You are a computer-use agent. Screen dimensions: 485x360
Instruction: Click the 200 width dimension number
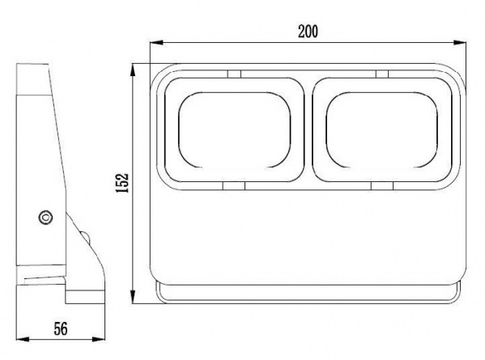(x=308, y=32)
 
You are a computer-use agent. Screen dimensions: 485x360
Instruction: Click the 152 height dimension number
(x=122, y=183)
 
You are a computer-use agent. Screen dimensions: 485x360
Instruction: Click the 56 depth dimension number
(x=61, y=328)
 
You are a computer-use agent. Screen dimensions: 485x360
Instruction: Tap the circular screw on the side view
(x=45, y=218)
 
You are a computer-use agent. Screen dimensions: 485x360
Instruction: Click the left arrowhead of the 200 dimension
(x=156, y=43)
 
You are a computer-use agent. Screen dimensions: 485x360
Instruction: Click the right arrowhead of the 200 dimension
(x=460, y=43)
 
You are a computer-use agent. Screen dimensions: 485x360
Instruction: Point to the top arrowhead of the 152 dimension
(x=133, y=70)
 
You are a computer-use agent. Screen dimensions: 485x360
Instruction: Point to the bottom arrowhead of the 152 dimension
(x=133, y=297)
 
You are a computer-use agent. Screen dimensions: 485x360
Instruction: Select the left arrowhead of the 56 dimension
(x=23, y=339)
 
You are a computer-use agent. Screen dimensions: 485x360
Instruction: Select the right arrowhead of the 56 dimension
(x=99, y=339)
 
